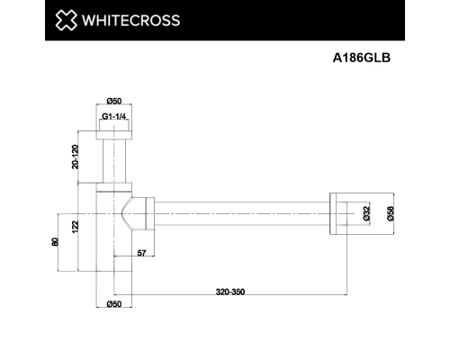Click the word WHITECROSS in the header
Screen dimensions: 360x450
point(131,21)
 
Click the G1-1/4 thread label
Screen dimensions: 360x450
point(112,117)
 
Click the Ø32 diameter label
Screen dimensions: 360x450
point(367,213)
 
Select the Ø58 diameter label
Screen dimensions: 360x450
point(391,213)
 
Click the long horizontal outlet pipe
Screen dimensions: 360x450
point(243,212)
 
